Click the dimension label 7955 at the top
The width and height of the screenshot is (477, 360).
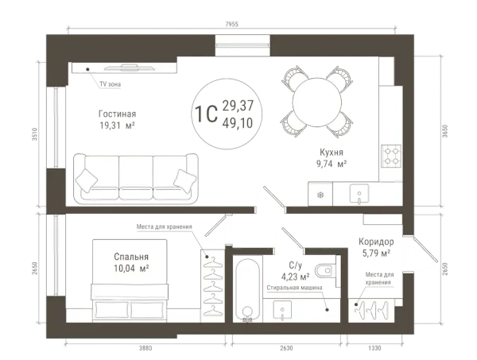231,25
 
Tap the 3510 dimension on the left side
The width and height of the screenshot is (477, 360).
35,134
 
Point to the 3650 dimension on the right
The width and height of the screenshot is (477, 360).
445,131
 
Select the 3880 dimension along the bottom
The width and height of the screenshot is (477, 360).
145,348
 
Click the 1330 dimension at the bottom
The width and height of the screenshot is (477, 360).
374,348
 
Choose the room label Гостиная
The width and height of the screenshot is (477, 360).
117,114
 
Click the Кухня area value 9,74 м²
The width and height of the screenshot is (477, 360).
332,164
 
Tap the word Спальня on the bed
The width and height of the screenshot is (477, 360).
131,257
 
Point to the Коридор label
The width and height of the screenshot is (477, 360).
376,242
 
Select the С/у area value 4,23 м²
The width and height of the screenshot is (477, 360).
296,277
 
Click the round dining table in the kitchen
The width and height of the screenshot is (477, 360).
316,102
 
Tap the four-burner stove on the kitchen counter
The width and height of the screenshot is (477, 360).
391,156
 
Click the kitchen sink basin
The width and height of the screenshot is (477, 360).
359,193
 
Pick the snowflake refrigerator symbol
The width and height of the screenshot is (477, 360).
320,195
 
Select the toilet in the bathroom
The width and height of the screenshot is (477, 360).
325,269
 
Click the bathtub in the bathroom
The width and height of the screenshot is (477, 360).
247,288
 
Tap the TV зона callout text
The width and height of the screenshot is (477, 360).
111,84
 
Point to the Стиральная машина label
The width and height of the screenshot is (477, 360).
294,288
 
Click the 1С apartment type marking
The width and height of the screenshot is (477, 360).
206,114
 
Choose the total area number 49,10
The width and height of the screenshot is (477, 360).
238,123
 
